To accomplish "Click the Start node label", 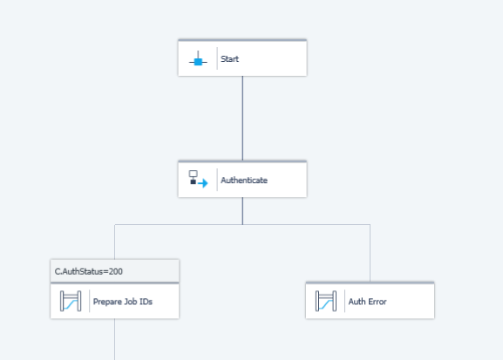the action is (x=229, y=59).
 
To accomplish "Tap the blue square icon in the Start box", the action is (x=198, y=61).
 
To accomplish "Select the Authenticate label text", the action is (x=244, y=180).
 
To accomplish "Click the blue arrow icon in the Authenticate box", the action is (x=203, y=183).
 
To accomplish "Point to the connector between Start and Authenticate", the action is (x=242, y=118).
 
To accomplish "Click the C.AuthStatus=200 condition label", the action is (x=89, y=271).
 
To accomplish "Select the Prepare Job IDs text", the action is (x=123, y=302).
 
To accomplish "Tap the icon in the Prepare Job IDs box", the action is (x=71, y=301).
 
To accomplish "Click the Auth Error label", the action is (x=367, y=302).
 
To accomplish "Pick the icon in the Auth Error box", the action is (x=326, y=301).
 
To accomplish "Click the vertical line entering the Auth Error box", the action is (x=370, y=253).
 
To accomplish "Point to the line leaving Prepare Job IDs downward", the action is (x=114, y=339).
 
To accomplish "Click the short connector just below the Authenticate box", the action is (x=242, y=211).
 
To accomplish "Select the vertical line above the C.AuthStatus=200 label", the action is (x=114, y=241).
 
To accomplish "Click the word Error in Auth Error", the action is (x=377, y=302).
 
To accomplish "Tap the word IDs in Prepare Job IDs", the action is (x=146, y=302).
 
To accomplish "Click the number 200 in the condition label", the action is (x=116, y=271).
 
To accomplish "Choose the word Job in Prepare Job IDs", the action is (x=130, y=302).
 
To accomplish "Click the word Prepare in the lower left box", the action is (x=107, y=302).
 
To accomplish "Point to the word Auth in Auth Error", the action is (x=357, y=302).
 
